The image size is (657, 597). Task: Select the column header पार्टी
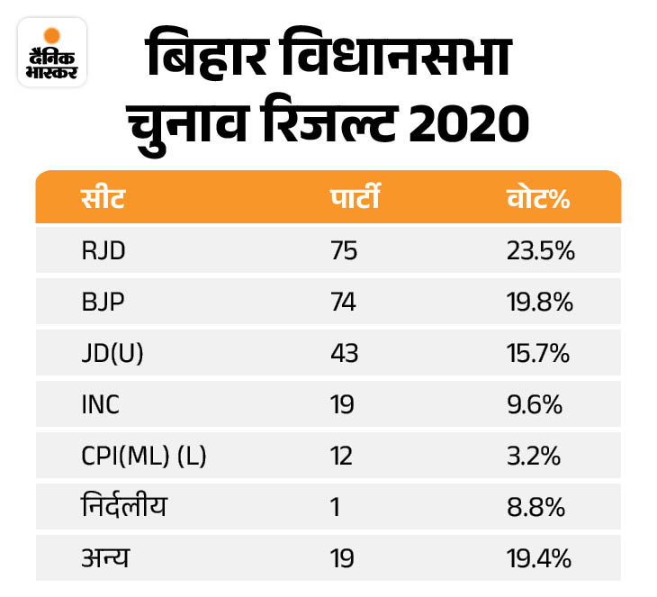tap(354, 198)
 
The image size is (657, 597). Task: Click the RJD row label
tap(103, 250)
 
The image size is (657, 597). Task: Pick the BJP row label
tap(102, 303)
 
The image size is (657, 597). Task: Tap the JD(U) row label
tap(112, 354)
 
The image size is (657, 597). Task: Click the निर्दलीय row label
tap(123, 508)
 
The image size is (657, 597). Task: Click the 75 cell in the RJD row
tap(344, 250)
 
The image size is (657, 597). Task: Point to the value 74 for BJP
tap(344, 303)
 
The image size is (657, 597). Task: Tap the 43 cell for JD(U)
tap(344, 354)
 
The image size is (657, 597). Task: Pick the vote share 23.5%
tap(540, 250)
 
